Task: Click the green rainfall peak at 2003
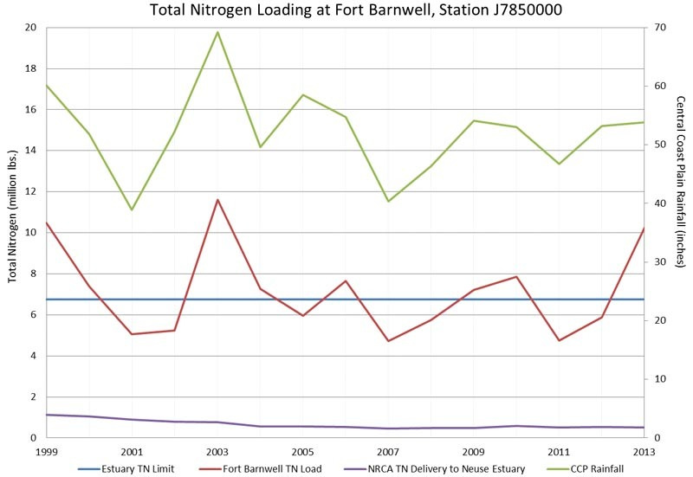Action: click(217, 32)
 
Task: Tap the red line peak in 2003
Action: click(217, 200)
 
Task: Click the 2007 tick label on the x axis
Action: click(387, 452)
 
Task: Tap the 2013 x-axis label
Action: click(642, 452)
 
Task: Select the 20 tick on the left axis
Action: click(31, 28)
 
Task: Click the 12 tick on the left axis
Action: click(31, 191)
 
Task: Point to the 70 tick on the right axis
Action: click(659, 28)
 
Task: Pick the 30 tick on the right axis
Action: click(659, 262)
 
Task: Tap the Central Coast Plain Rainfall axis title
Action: click(680, 182)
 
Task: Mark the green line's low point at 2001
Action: click(132, 209)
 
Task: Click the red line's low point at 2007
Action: click(387, 341)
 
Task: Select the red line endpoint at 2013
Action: click(643, 228)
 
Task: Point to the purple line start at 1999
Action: click(47, 415)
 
